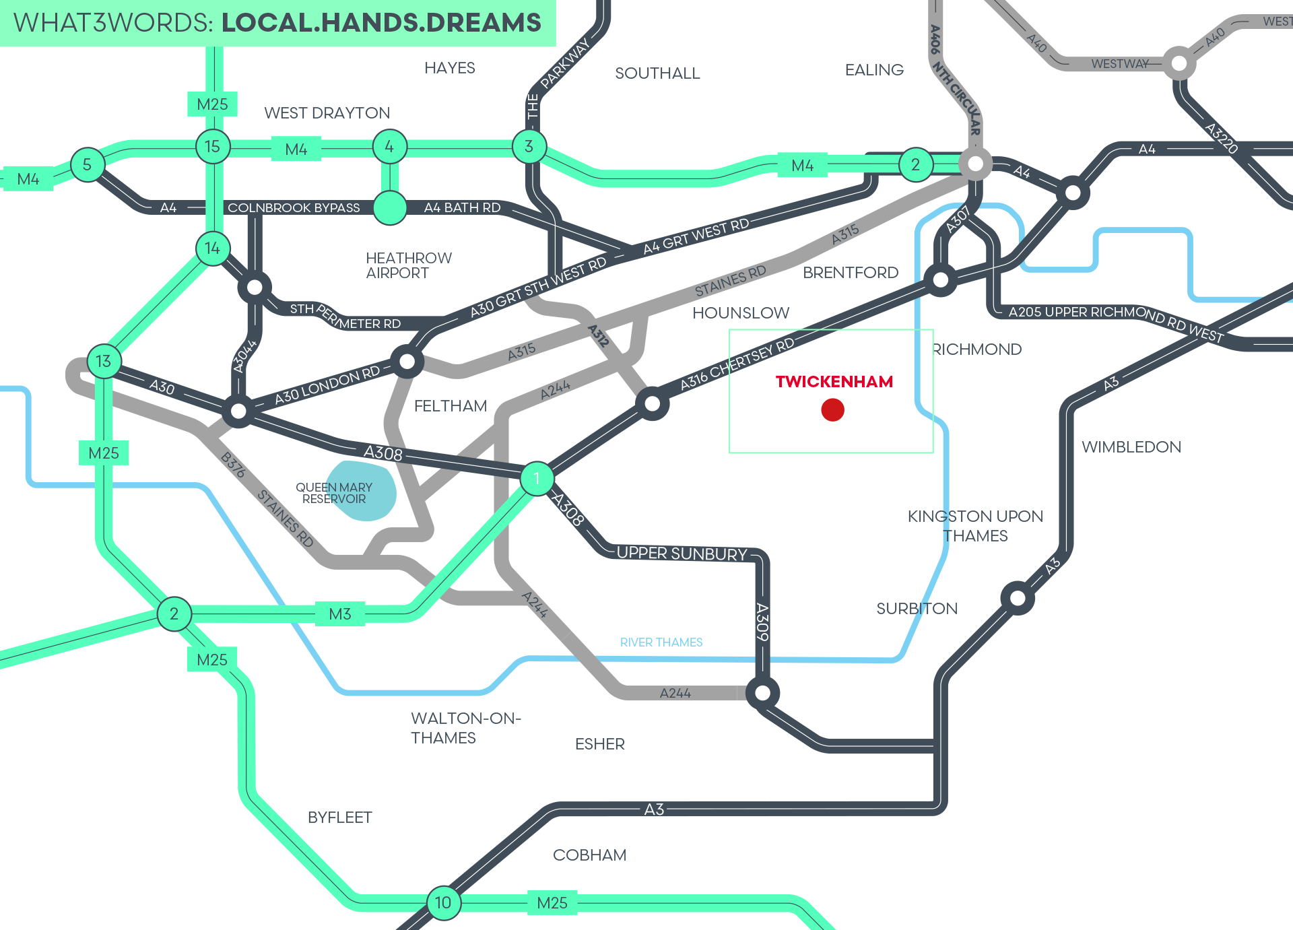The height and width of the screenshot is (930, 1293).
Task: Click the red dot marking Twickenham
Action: coord(832,409)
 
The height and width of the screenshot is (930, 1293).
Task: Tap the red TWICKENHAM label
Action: coord(834,382)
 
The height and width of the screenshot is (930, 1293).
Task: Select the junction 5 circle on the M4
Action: coord(87,164)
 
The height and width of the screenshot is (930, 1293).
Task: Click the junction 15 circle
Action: coord(212,146)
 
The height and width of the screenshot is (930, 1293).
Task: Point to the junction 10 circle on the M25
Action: coord(443,902)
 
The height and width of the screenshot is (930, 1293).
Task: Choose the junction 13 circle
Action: coord(103,361)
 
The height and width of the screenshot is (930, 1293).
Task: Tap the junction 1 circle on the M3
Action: coord(537,478)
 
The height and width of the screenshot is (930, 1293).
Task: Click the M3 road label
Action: coord(340,614)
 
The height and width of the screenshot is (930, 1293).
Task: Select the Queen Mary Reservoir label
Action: coord(334,493)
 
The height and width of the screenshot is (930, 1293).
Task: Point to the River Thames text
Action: coord(661,642)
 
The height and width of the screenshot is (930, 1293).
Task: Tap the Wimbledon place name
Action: coord(1131,447)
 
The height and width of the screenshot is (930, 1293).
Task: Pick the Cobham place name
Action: coord(589,855)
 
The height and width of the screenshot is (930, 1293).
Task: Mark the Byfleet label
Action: coord(339,818)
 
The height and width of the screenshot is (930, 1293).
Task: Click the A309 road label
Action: coord(762,622)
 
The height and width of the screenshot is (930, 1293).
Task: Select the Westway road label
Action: coord(1119,64)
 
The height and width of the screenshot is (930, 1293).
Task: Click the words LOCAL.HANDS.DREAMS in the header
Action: coord(381,23)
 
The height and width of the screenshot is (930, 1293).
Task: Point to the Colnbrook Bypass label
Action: coord(294,207)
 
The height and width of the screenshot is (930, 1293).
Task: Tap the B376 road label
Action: coord(233,465)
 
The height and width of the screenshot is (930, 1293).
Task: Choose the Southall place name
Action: coord(657,73)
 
